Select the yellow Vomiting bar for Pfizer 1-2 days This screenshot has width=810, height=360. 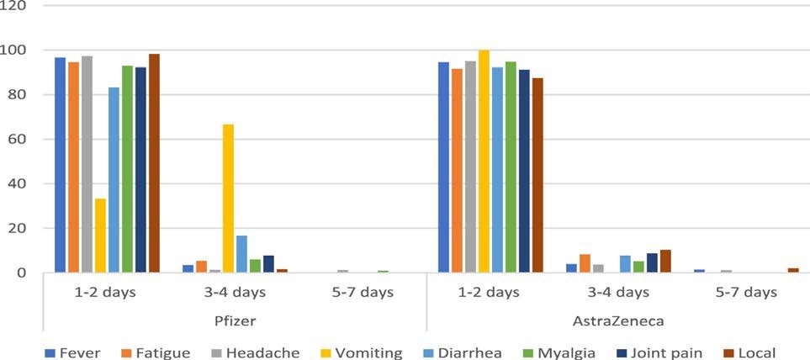pyautogui.click(x=100, y=236)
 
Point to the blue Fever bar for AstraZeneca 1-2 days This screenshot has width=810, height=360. pyautogui.click(x=443, y=167)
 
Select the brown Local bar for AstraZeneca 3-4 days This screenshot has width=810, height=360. pyautogui.click(x=665, y=262)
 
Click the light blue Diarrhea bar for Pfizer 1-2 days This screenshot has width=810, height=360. pyautogui.click(x=114, y=180)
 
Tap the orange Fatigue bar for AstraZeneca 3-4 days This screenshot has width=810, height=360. pyautogui.click(x=585, y=263)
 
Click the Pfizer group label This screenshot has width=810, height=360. pyautogui.click(x=235, y=321)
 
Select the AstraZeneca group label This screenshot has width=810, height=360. pyautogui.click(x=618, y=321)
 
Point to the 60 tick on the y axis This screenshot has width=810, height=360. pyautogui.click(x=17, y=139)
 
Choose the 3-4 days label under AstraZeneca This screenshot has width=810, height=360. pyautogui.click(x=618, y=293)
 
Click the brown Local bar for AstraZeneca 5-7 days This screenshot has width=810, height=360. pyautogui.click(x=793, y=270)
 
